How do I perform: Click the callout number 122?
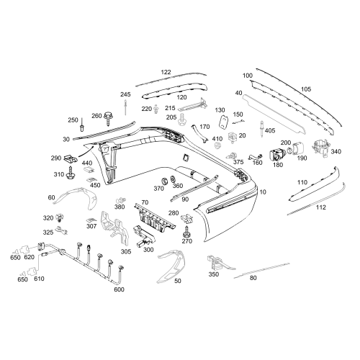pos(166,72)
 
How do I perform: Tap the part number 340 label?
pos(336,151)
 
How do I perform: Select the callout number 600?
pos(119,289)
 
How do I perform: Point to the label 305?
pos(126,251)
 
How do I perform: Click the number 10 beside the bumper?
pos(263,192)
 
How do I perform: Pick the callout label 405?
pos(270,130)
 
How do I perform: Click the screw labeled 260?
pos(108,118)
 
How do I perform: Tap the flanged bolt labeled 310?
pos(71,174)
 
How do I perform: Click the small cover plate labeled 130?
pos(224,122)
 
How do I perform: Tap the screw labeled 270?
pos(186,232)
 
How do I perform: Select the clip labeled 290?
pos(71,158)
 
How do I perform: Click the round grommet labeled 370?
pos(165,181)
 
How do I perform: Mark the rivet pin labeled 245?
pos(125,107)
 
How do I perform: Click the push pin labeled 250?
pos(82,125)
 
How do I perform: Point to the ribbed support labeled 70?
pos(155,217)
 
